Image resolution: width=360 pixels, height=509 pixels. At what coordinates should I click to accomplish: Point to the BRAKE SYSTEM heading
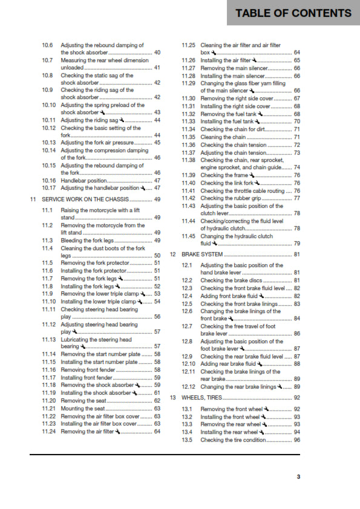(x=202, y=254)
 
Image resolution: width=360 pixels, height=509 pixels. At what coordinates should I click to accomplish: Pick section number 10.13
(x=50, y=143)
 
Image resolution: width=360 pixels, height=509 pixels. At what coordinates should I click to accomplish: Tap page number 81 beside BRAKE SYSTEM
(x=296, y=254)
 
